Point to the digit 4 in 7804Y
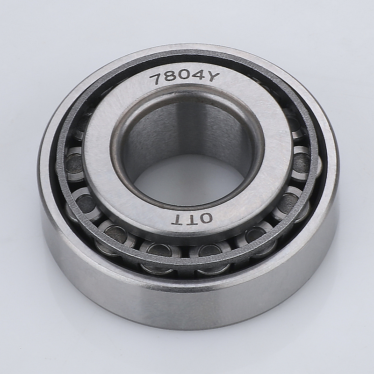point(196,75)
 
